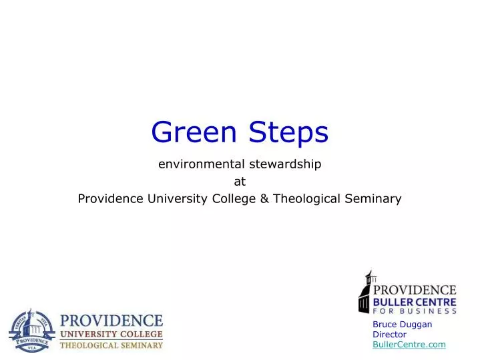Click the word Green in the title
[197, 132]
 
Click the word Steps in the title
[289, 133]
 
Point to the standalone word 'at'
[240, 180]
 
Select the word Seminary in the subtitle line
[377, 198]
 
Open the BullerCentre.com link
[409, 345]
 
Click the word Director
[389, 335]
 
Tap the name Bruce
[385, 325]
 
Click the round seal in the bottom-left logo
[31, 330]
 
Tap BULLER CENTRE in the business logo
[415, 302]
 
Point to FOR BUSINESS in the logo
[415, 311]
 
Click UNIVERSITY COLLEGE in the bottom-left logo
[111, 333]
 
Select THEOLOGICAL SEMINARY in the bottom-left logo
[111, 345]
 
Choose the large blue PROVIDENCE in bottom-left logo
[111, 320]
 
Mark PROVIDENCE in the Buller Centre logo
[415, 291]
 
